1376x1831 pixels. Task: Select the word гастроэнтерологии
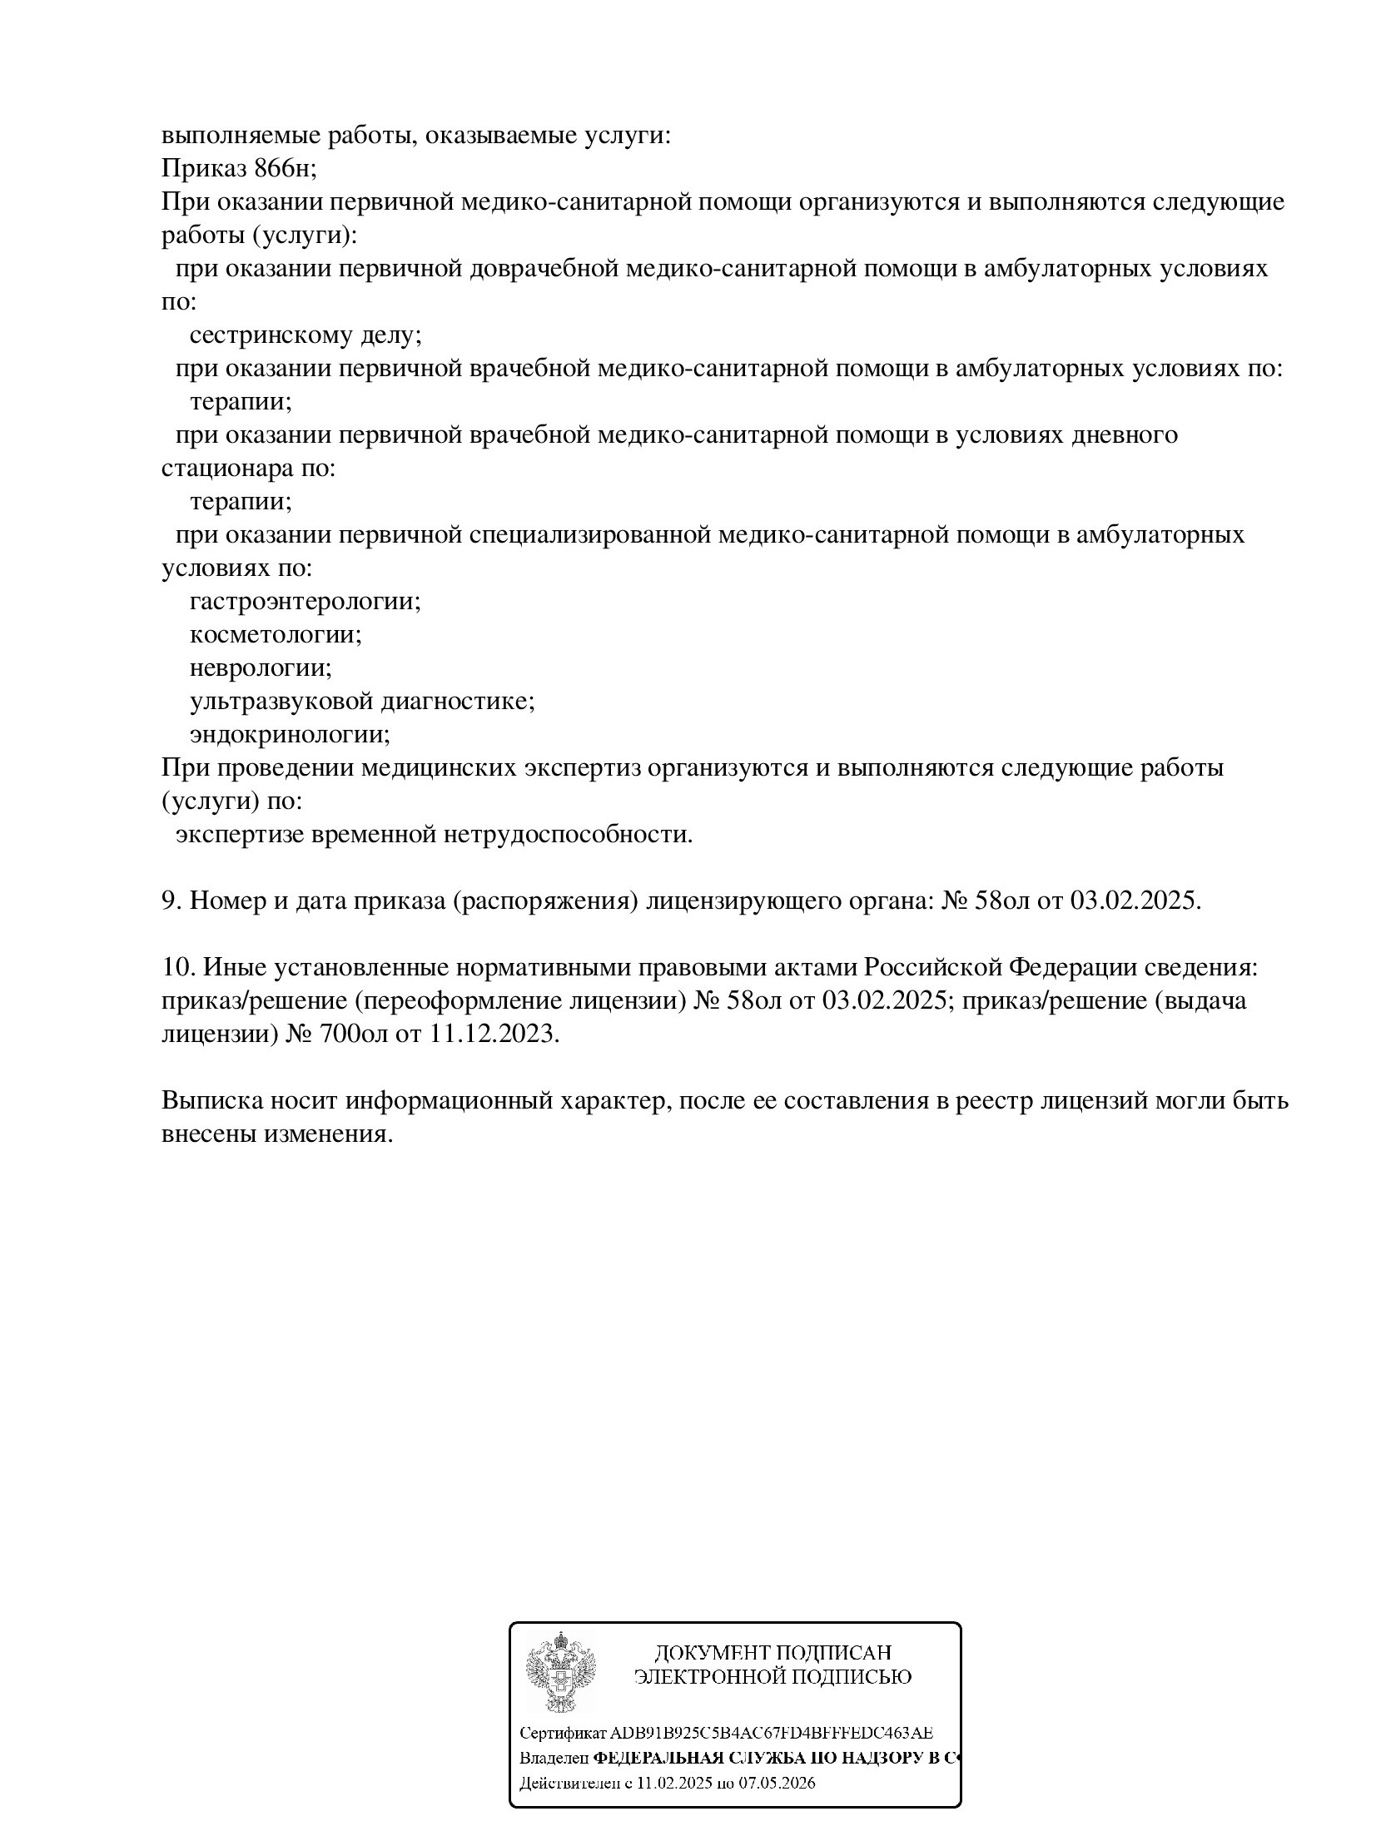pyautogui.click(x=303, y=602)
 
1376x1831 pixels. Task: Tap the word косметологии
pyautogui.click(x=274, y=635)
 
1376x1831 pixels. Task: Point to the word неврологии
pyautogui.click(x=259, y=668)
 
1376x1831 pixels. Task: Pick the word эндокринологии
pyautogui.click(x=288, y=735)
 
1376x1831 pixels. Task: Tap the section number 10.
pyautogui.click(x=177, y=967)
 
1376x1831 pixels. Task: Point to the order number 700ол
pyautogui.click(x=352, y=1034)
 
